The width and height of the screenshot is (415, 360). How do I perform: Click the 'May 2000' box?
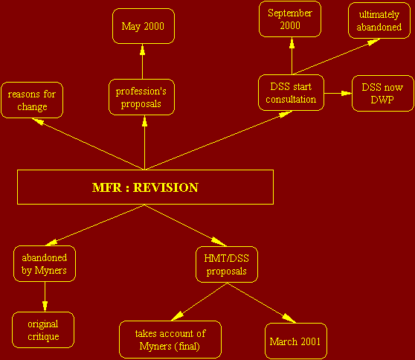pos(144,26)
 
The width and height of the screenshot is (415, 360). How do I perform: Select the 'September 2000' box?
pos(290,19)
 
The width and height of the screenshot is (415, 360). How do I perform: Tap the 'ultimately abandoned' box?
pos(379,21)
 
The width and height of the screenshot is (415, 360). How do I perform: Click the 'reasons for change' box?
pos(32,100)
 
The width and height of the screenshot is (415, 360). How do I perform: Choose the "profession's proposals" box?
pos(141,97)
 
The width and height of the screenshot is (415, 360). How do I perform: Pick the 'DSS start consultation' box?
pos(291,93)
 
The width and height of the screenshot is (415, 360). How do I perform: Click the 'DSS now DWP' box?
pos(383,94)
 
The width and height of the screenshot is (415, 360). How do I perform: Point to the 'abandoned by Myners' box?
pos(45,263)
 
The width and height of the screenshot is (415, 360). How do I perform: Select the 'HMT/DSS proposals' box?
pos(227,265)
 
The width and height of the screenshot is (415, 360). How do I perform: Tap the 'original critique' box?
pos(43,330)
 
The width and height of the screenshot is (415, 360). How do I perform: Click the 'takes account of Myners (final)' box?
pos(170,340)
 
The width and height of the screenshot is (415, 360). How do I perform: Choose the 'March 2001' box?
pos(296,341)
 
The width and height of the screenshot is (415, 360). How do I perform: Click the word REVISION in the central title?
pos(166,187)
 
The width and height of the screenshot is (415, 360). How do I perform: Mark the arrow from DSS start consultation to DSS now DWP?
pos(338,93)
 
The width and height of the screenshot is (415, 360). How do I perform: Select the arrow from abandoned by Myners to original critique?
pos(45,297)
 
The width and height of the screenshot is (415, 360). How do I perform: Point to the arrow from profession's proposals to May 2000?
pos(142,62)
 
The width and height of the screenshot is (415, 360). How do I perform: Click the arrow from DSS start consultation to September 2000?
pos(292,56)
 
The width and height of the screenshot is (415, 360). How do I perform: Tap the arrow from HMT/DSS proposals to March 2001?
pos(262,303)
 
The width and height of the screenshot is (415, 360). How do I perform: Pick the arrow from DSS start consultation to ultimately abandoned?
pos(337,57)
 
